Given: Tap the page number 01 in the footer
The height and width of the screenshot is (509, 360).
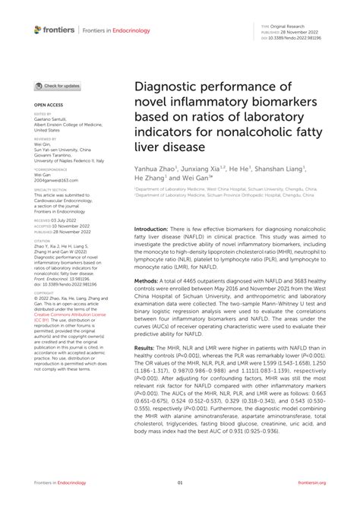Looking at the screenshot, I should [x=180, y=483].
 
